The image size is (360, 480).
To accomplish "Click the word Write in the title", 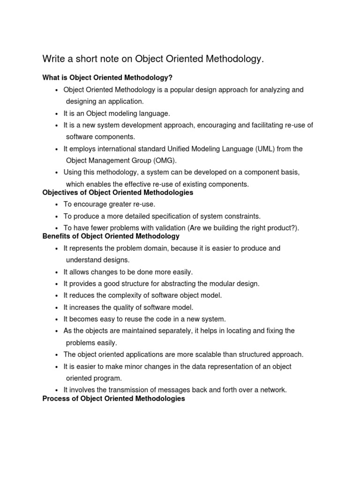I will [53, 59].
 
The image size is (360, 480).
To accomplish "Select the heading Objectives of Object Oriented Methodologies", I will [118, 193].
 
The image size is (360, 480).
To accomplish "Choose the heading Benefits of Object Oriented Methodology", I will [111, 236].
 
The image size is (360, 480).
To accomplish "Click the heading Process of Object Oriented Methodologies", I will [113, 399].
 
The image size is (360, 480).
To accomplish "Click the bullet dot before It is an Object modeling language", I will [56, 114].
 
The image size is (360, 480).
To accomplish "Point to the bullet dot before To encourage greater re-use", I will [56, 205].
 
